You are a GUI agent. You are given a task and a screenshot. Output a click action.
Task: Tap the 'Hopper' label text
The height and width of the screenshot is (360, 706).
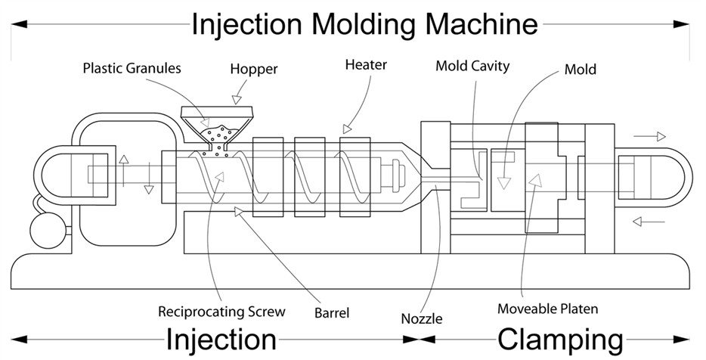(x=254, y=70)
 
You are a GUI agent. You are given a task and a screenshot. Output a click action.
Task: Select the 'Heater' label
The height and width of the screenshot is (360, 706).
(x=366, y=65)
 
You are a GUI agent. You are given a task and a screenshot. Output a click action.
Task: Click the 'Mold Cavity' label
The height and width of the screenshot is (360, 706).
(x=472, y=66)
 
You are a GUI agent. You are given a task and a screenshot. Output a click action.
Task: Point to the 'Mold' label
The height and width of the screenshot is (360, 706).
(x=581, y=70)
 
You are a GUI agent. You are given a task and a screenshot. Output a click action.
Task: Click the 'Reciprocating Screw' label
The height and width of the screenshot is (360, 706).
(x=221, y=311)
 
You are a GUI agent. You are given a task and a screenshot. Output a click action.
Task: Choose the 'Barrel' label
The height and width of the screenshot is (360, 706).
(x=333, y=312)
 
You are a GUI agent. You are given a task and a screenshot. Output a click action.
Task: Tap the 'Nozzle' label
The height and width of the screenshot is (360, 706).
(x=423, y=318)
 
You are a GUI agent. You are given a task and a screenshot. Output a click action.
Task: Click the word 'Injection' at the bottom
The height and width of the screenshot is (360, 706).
(x=221, y=339)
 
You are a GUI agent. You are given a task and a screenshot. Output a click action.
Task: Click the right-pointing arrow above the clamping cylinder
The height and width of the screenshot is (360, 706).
(x=649, y=137)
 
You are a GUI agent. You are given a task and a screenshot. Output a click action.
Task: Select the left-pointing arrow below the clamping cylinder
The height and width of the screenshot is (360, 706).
(x=649, y=222)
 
